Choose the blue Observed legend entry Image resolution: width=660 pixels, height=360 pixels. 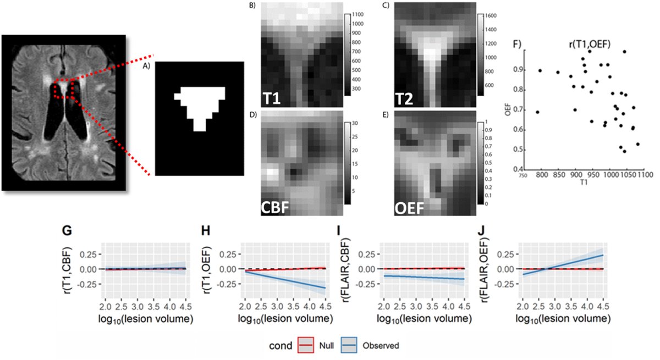(377, 346)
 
